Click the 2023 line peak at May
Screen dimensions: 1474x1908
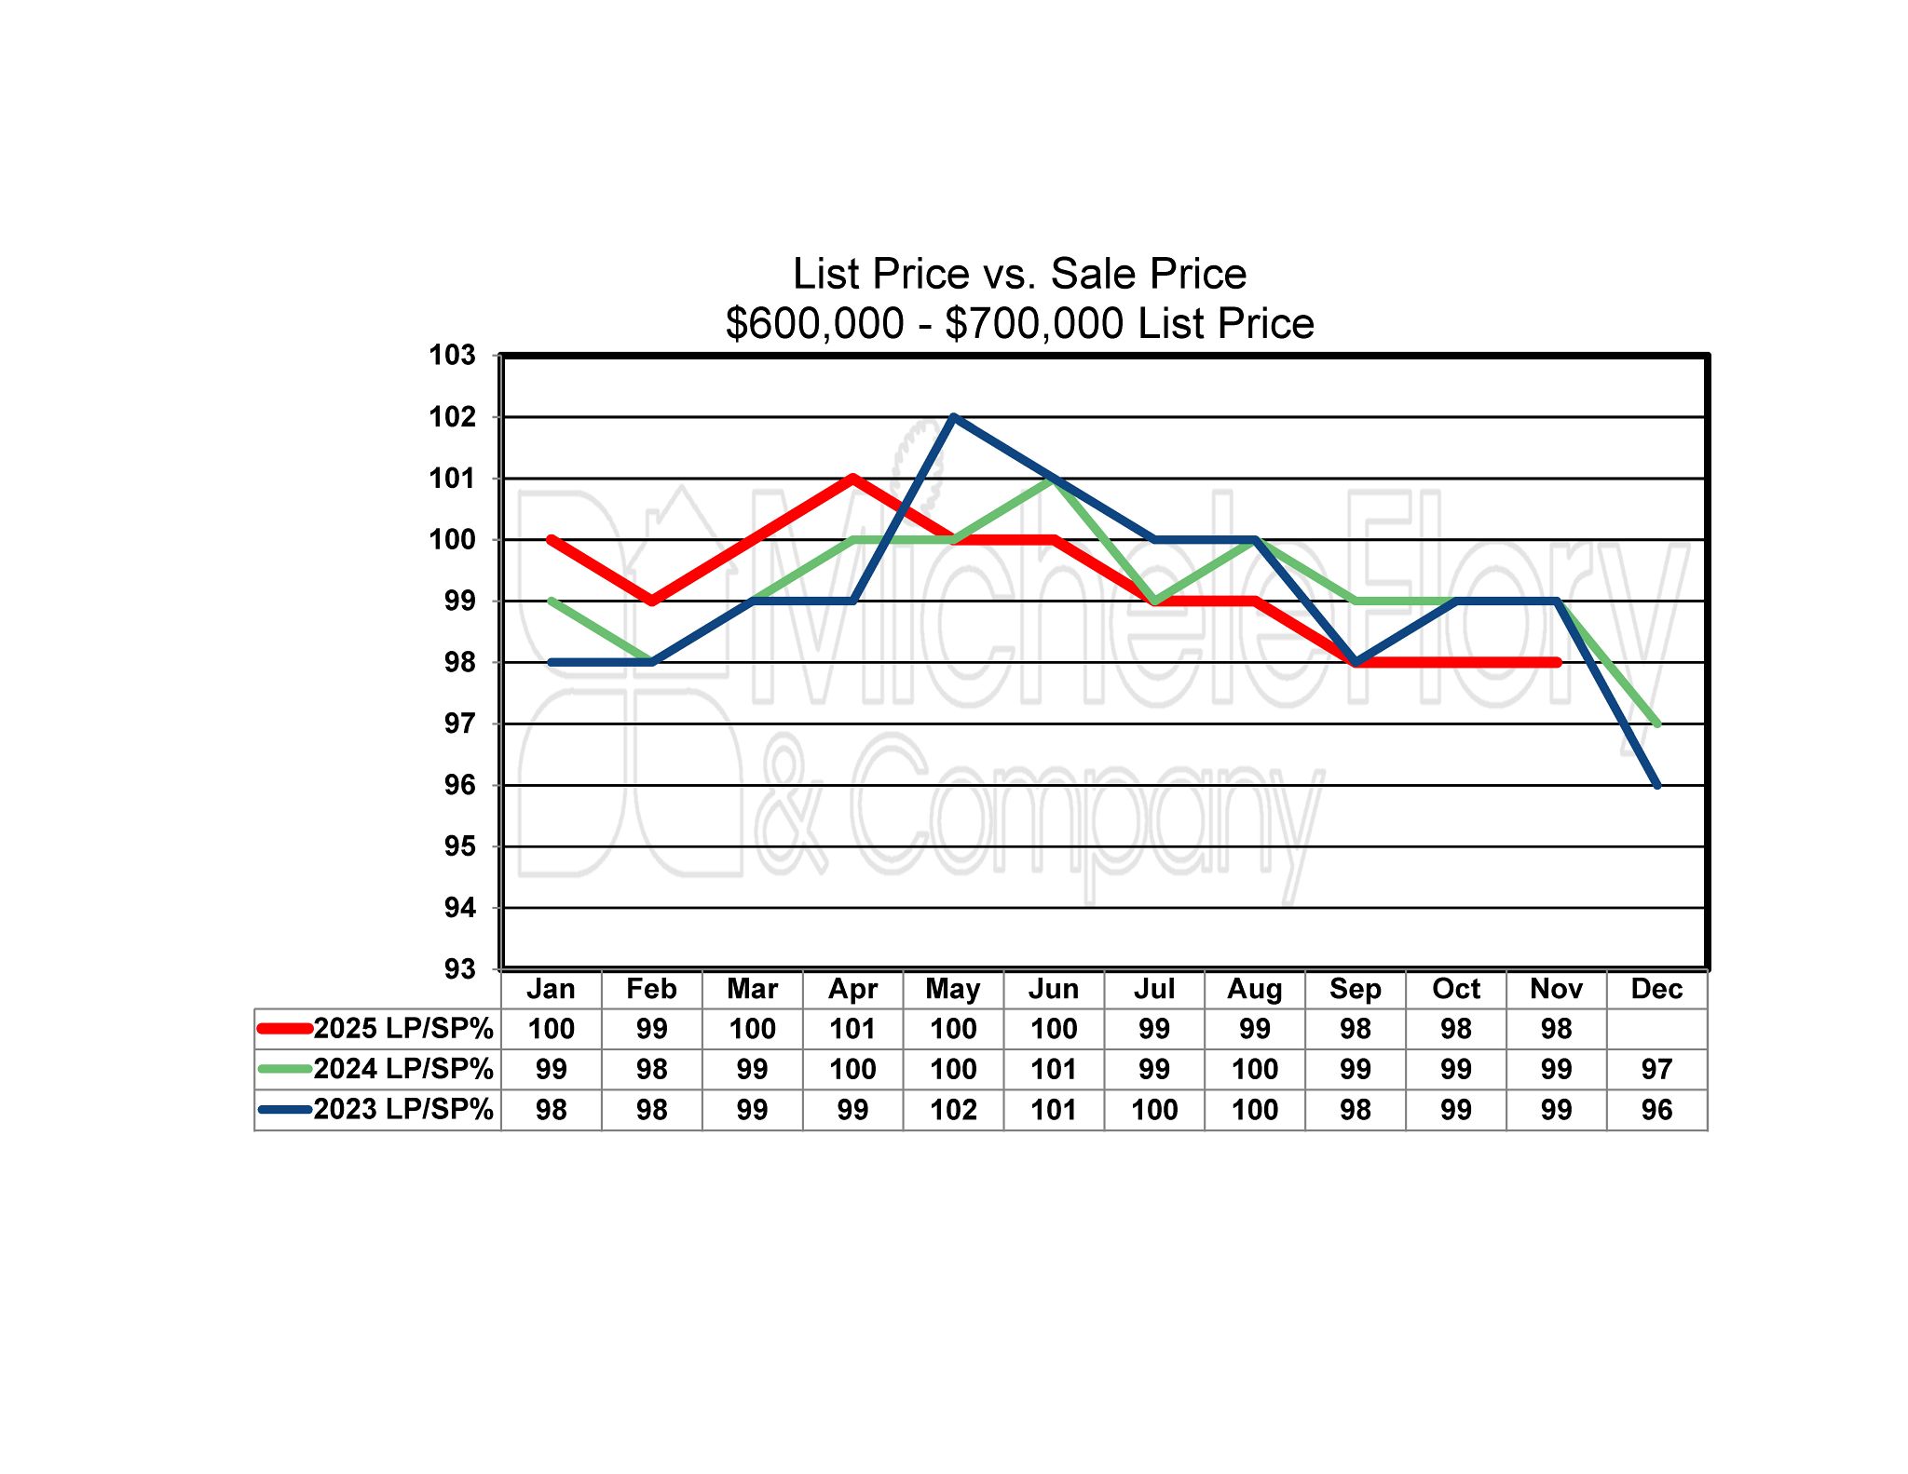(x=954, y=417)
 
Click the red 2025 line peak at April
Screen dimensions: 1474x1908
(x=853, y=479)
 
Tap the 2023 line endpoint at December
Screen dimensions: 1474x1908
(x=1657, y=785)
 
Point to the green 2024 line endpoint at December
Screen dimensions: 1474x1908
(x=1657, y=723)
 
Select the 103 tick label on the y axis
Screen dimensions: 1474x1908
(x=452, y=356)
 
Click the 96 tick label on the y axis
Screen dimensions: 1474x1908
(x=459, y=785)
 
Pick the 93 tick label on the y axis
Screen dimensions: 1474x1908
(x=459, y=969)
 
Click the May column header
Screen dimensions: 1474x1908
(x=953, y=989)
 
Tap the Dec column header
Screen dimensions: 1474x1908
(x=1656, y=989)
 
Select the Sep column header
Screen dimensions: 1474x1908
(x=1356, y=989)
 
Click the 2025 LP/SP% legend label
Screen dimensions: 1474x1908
(x=403, y=1029)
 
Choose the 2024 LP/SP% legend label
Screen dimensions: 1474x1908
(x=403, y=1069)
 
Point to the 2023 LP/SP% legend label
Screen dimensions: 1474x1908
(x=403, y=1110)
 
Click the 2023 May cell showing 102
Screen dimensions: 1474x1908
(x=953, y=1110)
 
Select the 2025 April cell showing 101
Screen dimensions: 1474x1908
(x=852, y=1029)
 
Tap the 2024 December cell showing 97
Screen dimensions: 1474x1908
(x=1656, y=1069)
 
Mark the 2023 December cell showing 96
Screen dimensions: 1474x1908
(x=1656, y=1110)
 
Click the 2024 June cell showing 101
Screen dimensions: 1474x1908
(x=1054, y=1069)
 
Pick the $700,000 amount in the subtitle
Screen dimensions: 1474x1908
(x=1034, y=324)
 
